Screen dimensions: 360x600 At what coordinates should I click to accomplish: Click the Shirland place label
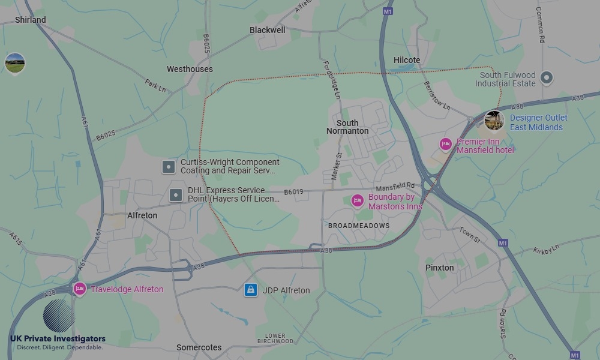pyautogui.click(x=30, y=20)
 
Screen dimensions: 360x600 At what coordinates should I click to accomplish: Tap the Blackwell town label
pyautogui.click(x=268, y=29)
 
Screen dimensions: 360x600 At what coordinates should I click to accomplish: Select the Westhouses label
pyautogui.click(x=190, y=69)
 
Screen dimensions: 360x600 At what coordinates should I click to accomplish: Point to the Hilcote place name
pyautogui.click(x=407, y=60)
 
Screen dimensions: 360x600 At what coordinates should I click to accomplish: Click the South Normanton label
pyautogui.click(x=347, y=127)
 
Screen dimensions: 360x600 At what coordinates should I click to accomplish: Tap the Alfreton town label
pyautogui.click(x=142, y=215)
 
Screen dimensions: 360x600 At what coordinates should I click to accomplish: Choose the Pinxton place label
pyautogui.click(x=439, y=268)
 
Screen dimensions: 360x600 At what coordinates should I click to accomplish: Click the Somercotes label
pyautogui.click(x=199, y=347)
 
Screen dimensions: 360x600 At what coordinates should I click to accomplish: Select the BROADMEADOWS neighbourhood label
pyautogui.click(x=359, y=226)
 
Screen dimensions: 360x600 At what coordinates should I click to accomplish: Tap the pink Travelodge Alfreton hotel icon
pyautogui.click(x=79, y=289)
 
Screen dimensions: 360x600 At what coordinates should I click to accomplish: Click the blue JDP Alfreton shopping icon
pyautogui.click(x=251, y=290)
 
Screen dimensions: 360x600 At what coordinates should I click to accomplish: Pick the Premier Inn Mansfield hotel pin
pyautogui.click(x=445, y=144)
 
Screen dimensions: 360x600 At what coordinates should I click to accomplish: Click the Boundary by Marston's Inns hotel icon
pyautogui.click(x=358, y=200)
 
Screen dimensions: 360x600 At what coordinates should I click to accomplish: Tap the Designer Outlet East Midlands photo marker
pyautogui.click(x=494, y=120)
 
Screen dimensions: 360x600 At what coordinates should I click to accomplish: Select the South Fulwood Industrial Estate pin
pyautogui.click(x=547, y=77)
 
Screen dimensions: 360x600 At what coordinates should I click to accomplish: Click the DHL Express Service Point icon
pyautogui.click(x=176, y=194)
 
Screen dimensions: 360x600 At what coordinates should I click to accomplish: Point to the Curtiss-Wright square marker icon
pyautogui.click(x=169, y=167)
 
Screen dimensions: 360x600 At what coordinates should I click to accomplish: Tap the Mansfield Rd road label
pyautogui.click(x=395, y=187)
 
